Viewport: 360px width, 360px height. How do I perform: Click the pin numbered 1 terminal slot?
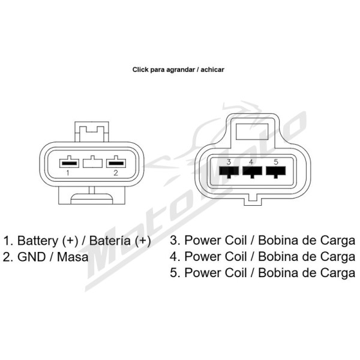point(69,163)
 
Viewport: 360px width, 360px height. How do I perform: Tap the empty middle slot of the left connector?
point(92,163)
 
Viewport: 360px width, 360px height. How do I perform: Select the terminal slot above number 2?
point(116,163)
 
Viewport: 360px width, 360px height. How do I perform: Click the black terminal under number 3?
point(229,172)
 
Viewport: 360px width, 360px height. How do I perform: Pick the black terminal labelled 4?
point(252,172)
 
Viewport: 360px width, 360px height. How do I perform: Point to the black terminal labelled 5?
point(276,172)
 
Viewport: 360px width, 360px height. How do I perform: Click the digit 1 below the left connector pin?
point(67,173)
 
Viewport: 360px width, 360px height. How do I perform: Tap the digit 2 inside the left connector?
point(116,173)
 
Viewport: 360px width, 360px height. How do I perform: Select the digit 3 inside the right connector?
point(229,162)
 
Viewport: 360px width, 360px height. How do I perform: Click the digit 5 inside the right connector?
point(276,162)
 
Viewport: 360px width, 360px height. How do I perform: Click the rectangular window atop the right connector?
point(252,131)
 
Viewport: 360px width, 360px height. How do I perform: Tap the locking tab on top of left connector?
point(92,132)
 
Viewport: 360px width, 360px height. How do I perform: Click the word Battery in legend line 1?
point(38,241)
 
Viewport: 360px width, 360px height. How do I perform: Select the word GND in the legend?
point(31,257)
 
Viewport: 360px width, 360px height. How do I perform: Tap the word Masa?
point(73,257)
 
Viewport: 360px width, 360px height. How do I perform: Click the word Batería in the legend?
point(110,241)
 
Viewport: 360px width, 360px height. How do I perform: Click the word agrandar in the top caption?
point(181,70)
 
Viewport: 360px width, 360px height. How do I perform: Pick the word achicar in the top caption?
point(212,70)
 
